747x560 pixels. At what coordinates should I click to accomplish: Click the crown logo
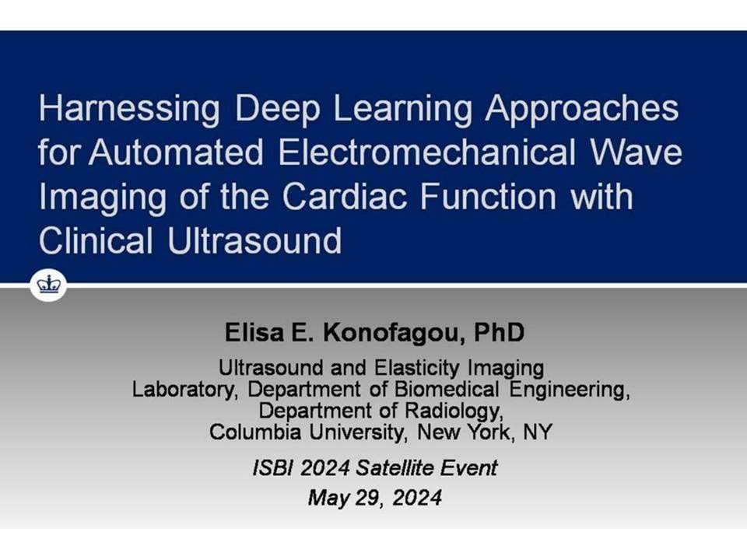[48, 285]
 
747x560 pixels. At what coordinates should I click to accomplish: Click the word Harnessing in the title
[129, 110]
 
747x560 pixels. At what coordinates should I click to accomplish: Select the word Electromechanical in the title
[427, 152]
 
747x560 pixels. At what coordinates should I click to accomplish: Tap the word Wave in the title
[636, 152]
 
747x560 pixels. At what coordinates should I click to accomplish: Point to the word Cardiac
[345, 196]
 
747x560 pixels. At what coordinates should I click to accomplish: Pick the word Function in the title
[489, 196]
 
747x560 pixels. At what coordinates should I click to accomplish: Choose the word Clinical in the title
[96, 240]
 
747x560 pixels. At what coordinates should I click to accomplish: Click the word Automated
[176, 152]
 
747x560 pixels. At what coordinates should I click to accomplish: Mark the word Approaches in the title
[582, 110]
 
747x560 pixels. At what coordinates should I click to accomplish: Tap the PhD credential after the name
[500, 332]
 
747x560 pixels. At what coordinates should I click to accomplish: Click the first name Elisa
[254, 332]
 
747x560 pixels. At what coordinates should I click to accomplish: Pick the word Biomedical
[447, 390]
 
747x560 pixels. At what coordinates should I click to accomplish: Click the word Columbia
[255, 432]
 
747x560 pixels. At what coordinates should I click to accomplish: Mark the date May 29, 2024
[375, 498]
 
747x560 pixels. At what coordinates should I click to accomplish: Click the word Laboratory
[184, 390]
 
